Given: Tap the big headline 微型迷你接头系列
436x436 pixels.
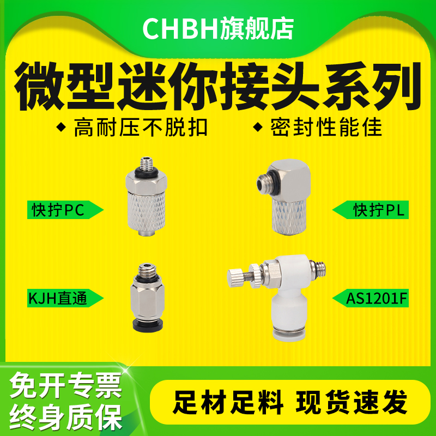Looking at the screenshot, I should (x=218, y=87).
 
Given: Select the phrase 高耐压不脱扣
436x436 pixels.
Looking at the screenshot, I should (x=133, y=128).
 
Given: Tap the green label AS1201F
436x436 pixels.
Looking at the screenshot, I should (x=371, y=299).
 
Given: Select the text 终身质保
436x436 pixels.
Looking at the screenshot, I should (x=65, y=416).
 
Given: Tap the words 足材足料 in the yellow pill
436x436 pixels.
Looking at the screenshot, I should (x=229, y=404).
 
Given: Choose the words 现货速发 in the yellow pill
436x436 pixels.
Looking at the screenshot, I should (x=352, y=404).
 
